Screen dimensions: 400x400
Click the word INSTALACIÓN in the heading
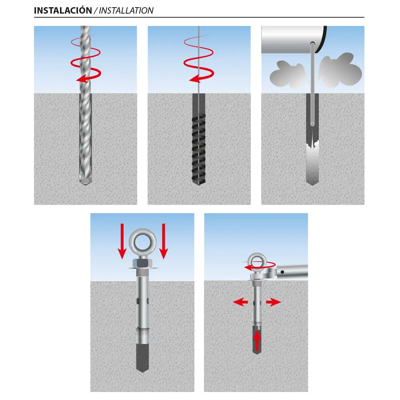tap(63, 10)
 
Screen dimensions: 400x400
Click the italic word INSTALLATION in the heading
tap(126, 11)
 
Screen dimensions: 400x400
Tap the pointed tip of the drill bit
tap(86, 184)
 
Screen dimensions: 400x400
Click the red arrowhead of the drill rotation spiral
tap(82, 79)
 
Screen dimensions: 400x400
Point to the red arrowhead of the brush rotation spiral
tap(195, 78)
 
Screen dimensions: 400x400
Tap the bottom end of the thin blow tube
tap(312, 125)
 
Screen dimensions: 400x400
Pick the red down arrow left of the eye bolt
tap(122, 241)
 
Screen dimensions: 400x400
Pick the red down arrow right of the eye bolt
tap(163, 241)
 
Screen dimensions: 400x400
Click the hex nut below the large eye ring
tap(143, 263)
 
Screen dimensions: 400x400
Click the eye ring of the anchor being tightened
tap(257, 262)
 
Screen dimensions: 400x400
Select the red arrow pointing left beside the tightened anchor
tap(240, 302)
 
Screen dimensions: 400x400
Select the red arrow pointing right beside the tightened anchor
tap(273, 302)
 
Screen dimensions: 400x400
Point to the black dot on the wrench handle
tap(282, 272)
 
